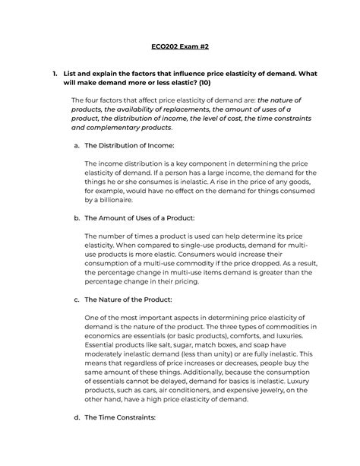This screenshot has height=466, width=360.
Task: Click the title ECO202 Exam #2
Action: tap(179, 46)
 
